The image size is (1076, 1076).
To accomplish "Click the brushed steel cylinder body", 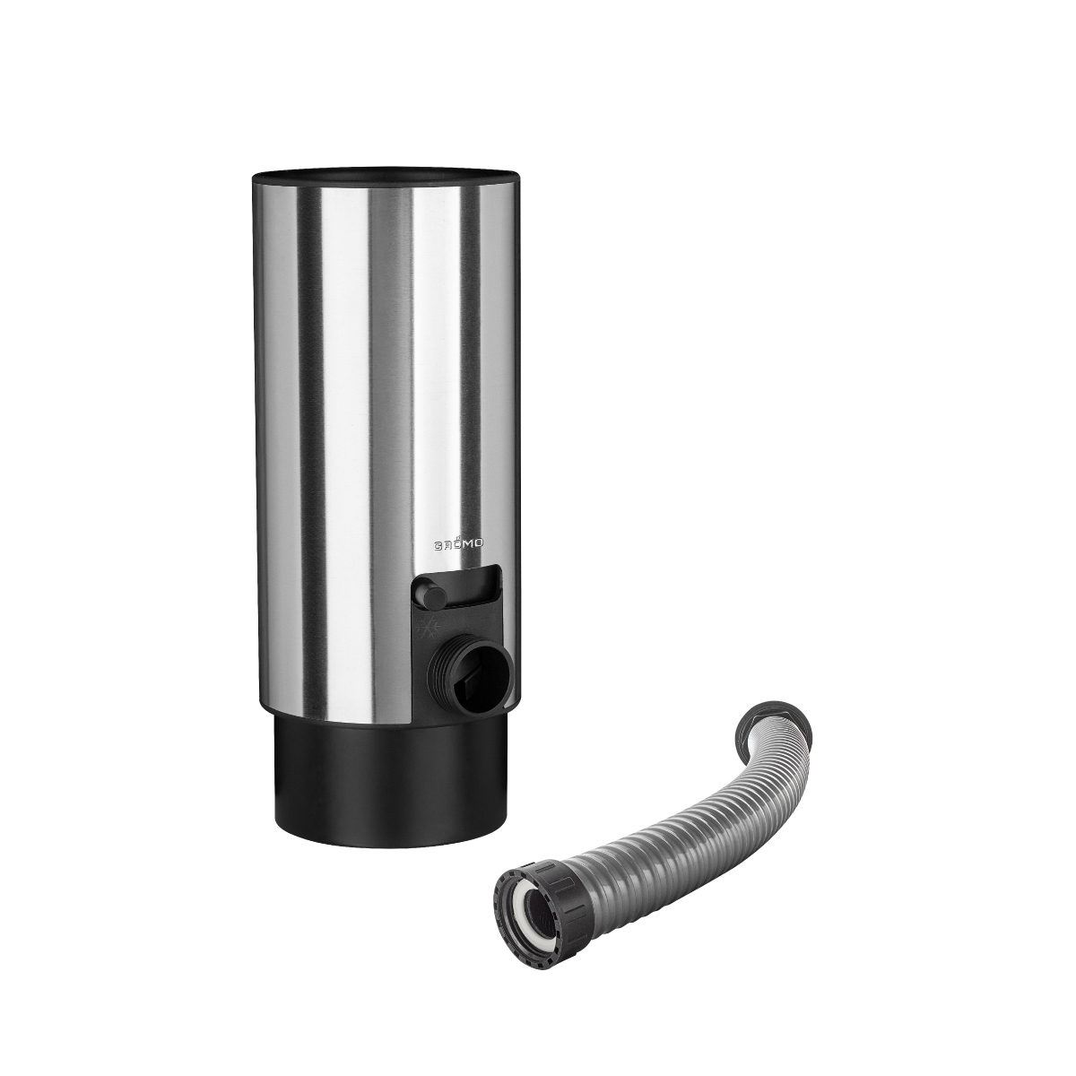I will coord(377,403).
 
